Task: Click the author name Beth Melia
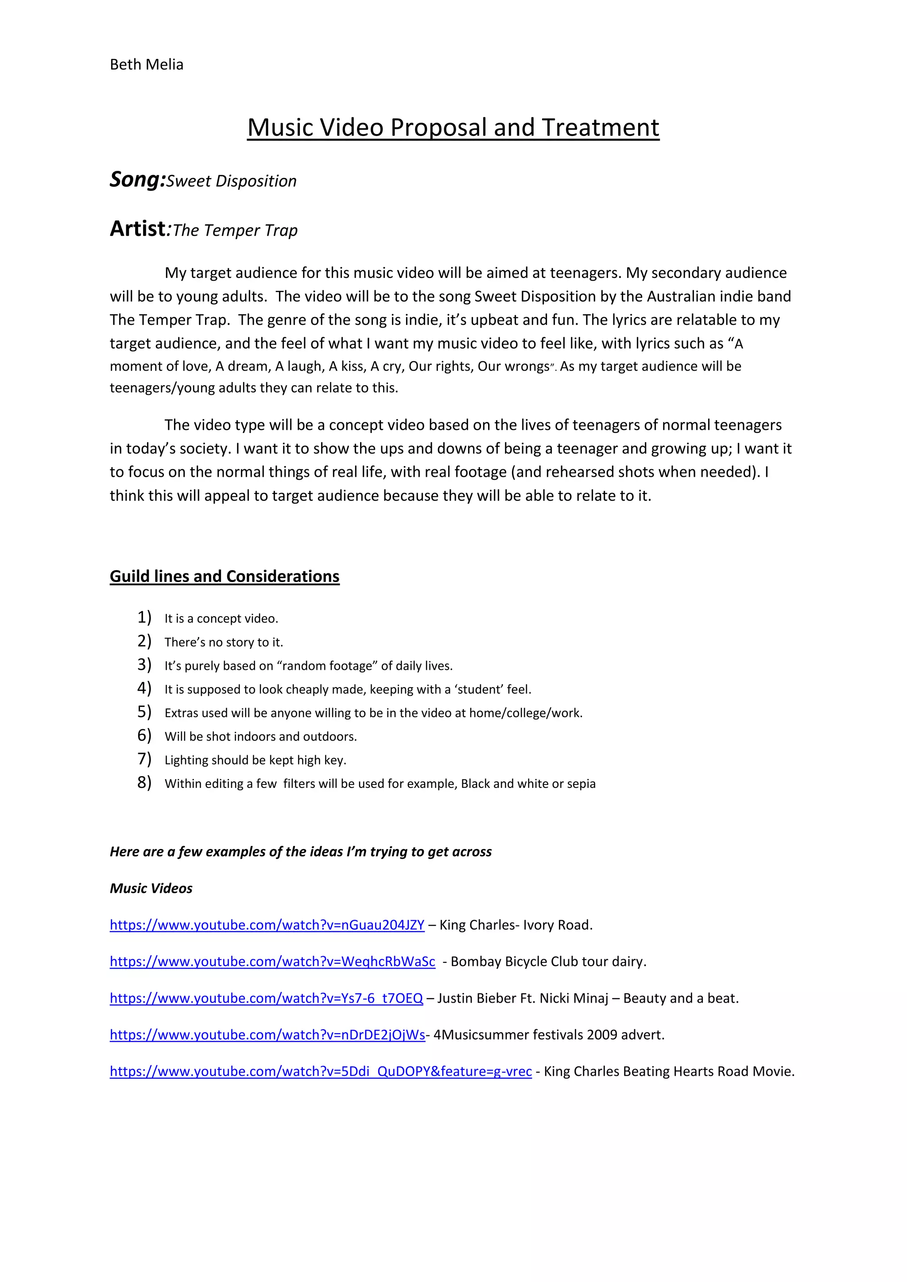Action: point(146,65)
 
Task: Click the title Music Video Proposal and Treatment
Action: point(453,127)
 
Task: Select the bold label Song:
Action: point(137,180)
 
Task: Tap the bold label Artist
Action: point(137,229)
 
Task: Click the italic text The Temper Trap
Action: point(235,231)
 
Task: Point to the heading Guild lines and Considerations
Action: point(225,576)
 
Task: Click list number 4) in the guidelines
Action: point(144,688)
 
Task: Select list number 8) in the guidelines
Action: point(144,782)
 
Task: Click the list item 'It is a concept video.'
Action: point(221,619)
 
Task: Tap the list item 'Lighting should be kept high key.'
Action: point(255,760)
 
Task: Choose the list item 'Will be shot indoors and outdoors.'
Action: point(260,737)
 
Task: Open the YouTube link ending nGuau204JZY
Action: point(267,925)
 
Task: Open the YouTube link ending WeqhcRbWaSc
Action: point(272,961)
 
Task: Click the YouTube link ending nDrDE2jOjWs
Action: point(267,1035)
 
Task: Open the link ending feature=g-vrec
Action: point(321,1071)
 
